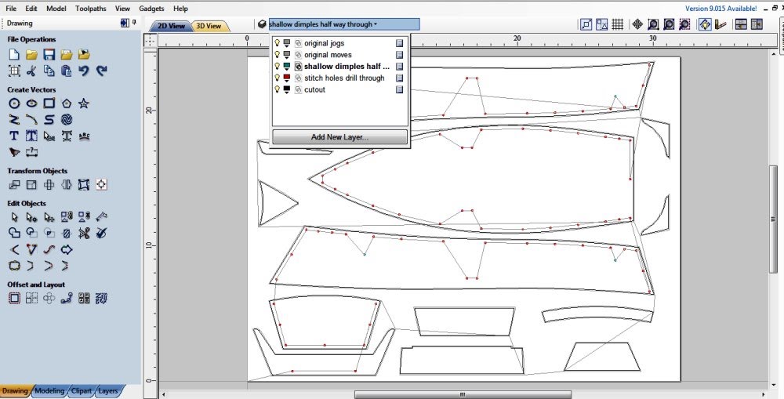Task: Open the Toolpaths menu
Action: [92, 8]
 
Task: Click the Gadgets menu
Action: [152, 8]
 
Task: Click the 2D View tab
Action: [171, 26]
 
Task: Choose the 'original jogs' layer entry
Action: [324, 43]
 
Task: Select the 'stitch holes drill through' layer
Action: [344, 78]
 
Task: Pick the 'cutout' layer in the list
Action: [321, 89]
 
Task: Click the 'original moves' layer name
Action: [328, 55]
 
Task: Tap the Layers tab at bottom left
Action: [107, 390]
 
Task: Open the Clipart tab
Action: [81, 390]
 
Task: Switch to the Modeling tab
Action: [49, 390]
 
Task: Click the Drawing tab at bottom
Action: [15, 390]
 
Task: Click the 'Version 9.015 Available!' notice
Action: [720, 8]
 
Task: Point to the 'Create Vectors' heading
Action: [31, 89]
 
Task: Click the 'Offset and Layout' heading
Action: [36, 285]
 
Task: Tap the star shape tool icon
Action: [84, 103]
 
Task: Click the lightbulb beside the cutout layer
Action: [277, 89]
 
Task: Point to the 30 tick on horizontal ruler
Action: [653, 38]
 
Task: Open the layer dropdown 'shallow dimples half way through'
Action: [343, 24]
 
